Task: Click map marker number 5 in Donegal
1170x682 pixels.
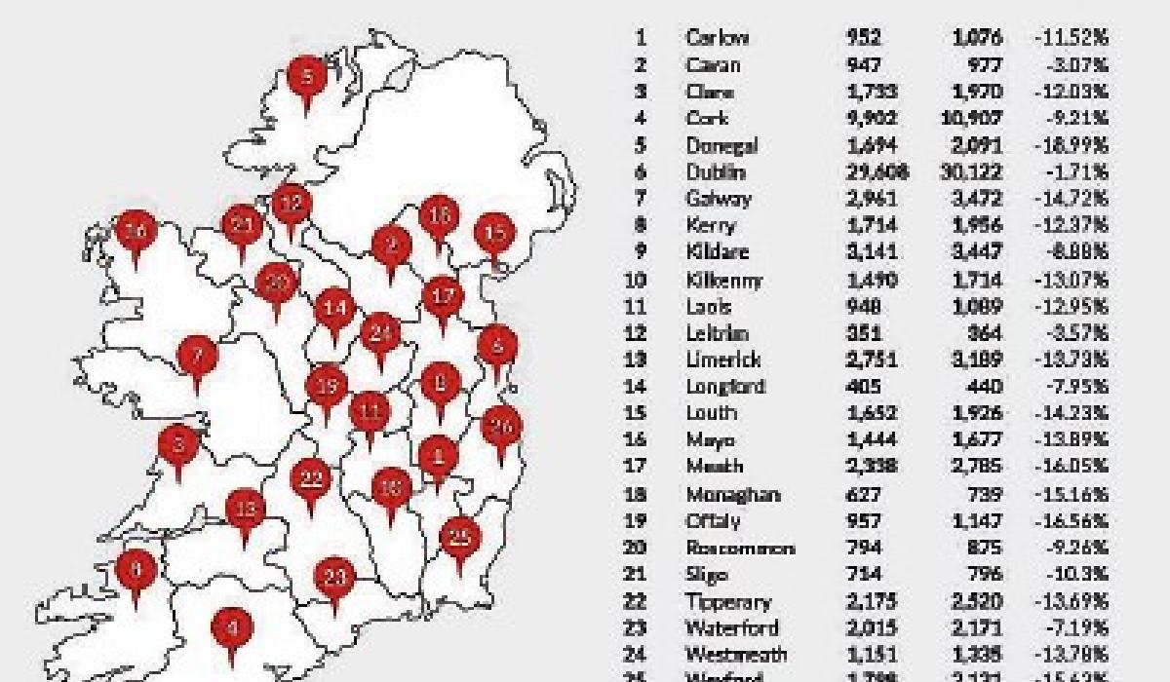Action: pyautogui.click(x=308, y=76)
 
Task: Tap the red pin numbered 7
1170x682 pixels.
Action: pyautogui.click(x=197, y=355)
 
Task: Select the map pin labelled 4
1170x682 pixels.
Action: pyautogui.click(x=231, y=627)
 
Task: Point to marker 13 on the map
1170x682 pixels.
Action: pyautogui.click(x=246, y=509)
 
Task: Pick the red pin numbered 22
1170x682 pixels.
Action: pyautogui.click(x=312, y=478)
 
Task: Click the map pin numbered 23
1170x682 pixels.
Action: pyautogui.click(x=334, y=577)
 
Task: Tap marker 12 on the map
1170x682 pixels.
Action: pyautogui.click(x=291, y=205)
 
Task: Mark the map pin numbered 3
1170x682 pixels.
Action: pyautogui.click(x=177, y=446)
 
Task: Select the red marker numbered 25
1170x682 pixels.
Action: pyautogui.click(x=460, y=537)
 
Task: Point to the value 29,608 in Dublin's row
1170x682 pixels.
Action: pyautogui.click(x=877, y=172)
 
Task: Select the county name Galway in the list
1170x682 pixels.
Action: pyautogui.click(x=718, y=199)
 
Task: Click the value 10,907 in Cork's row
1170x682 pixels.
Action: pyautogui.click(x=976, y=119)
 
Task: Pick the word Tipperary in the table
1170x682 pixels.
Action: pyautogui.click(x=727, y=602)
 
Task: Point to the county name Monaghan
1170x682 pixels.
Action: pyautogui.click(x=732, y=494)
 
